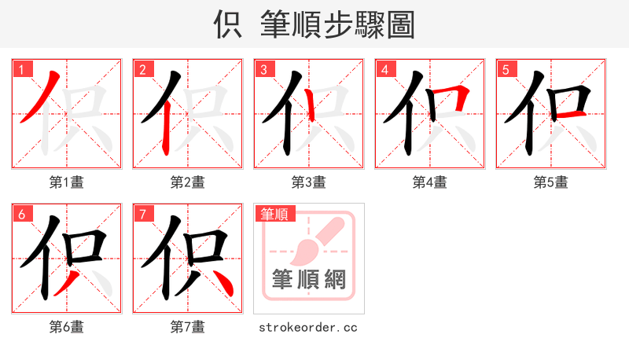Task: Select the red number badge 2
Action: coord(142,69)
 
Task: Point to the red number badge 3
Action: coord(263,69)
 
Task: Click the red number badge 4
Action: coord(384,69)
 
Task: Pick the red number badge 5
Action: coord(506,69)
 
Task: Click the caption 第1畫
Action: coord(67,182)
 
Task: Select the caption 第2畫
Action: coord(188,182)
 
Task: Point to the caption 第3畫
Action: coord(309,182)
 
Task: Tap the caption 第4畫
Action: coord(430,182)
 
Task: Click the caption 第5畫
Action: coord(551,182)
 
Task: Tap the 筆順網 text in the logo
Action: coord(309,280)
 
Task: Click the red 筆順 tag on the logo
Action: coord(274,214)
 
